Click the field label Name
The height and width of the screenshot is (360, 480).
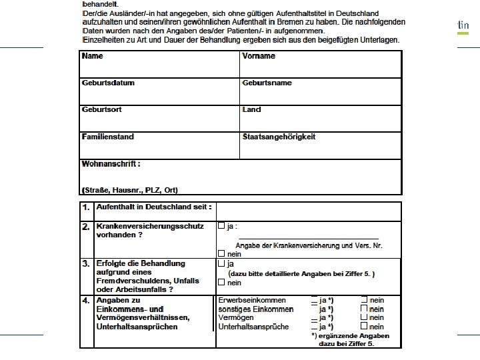click(x=92, y=56)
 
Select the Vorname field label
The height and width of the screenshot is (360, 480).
click(x=259, y=56)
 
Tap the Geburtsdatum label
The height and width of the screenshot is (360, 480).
click(x=108, y=83)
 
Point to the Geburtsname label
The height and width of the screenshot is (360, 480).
click(x=267, y=83)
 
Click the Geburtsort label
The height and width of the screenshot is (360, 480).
click(x=101, y=109)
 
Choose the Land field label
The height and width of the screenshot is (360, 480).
click(x=252, y=109)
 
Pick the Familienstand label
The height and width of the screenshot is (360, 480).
click(x=108, y=137)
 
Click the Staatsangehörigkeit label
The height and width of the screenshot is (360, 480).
click(x=279, y=137)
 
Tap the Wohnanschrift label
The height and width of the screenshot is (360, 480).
click(x=111, y=163)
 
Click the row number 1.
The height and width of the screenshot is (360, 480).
click(x=86, y=208)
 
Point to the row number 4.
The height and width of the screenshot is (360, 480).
click(x=86, y=301)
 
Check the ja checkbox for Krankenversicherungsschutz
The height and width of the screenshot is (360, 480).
click(x=221, y=226)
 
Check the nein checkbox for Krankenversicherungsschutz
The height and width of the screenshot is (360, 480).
click(x=221, y=254)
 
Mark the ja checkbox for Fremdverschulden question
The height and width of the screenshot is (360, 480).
click(x=221, y=264)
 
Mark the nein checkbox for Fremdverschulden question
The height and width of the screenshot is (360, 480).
click(x=221, y=283)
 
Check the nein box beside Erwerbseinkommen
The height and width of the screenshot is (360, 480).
click(x=364, y=300)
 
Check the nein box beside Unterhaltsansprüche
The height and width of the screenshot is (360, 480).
click(x=364, y=327)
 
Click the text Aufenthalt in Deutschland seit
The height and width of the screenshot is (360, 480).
click(x=154, y=208)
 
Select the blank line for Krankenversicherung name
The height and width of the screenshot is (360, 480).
click(x=308, y=237)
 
